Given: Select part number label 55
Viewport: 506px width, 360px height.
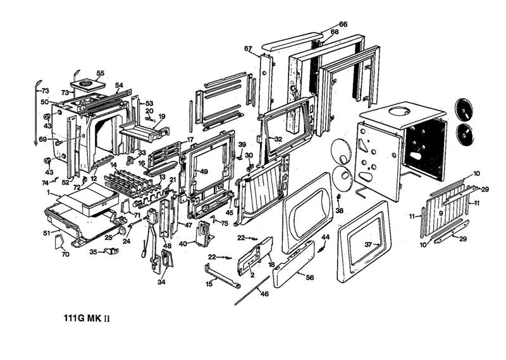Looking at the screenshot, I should coord(100,73).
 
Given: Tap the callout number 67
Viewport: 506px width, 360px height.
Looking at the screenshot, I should coord(248,49).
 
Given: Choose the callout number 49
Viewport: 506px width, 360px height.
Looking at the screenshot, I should coord(204,171).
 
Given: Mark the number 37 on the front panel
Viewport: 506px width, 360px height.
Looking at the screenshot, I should coord(369,244).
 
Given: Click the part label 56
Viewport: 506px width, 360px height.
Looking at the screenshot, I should coord(309,277).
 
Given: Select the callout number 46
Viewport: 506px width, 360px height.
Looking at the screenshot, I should coord(264,294).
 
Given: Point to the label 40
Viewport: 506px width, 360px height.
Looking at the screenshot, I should coord(182,244).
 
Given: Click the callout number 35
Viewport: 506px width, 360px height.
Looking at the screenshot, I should coord(93,251).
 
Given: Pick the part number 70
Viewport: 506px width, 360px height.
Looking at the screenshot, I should coord(65,254).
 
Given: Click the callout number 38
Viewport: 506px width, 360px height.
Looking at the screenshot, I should coord(340,211).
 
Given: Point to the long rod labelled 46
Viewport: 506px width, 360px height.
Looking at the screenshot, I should coord(253,295).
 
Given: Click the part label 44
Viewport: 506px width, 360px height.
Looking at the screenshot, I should coord(326,237).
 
